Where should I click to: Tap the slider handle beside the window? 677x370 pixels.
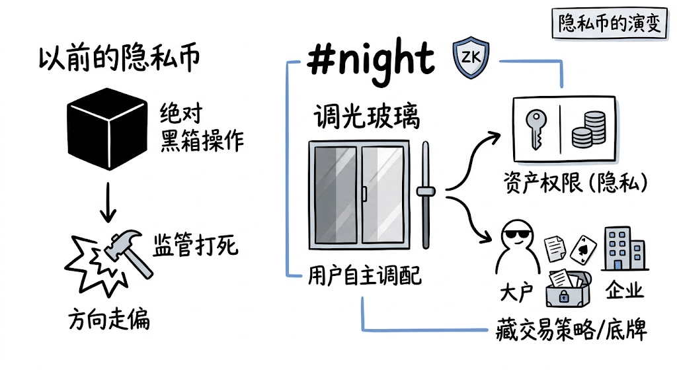[x=426, y=192]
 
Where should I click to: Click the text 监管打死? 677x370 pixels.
[x=196, y=246]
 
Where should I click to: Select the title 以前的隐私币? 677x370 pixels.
[x=118, y=60]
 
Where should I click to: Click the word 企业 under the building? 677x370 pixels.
[x=625, y=291]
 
